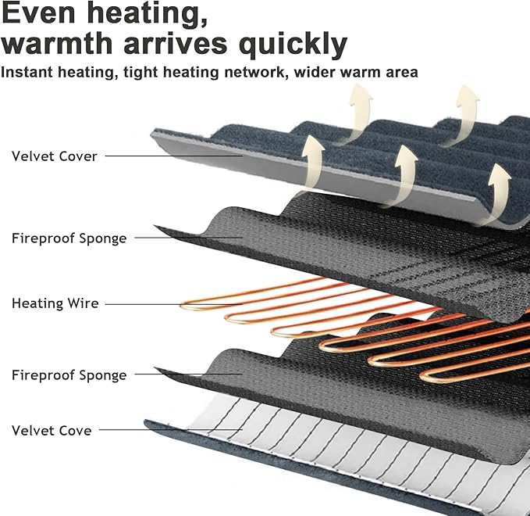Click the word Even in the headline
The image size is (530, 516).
click(37, 13)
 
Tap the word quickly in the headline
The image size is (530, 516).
click(293, 45)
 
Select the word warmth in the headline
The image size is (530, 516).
click(57, 43)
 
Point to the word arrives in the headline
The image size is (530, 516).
click(175, 44)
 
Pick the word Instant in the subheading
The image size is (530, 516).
click(27, 72)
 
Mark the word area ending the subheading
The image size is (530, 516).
click(402, 73)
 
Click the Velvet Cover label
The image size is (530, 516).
click(55, 156)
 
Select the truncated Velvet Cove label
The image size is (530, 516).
click(52, 431)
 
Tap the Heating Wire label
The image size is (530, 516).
click(55, 303)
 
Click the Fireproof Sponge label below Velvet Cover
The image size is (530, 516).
click(69, 238)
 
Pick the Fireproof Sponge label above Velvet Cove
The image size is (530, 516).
click(69, 375)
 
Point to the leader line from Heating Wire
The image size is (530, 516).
click(174, 304)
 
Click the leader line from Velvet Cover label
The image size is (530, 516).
click(174, 156)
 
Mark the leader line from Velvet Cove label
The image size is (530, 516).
click(171, 430)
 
